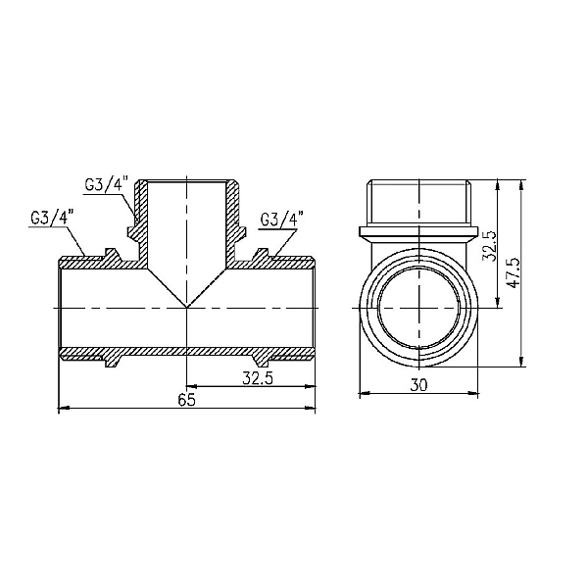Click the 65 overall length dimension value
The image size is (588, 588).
coord(186,399)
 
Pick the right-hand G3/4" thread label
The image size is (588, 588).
coord(284,218)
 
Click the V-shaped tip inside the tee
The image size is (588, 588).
coord(187,307)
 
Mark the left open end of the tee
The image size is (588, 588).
coord(62,306)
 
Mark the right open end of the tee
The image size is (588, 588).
coord(314,306)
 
